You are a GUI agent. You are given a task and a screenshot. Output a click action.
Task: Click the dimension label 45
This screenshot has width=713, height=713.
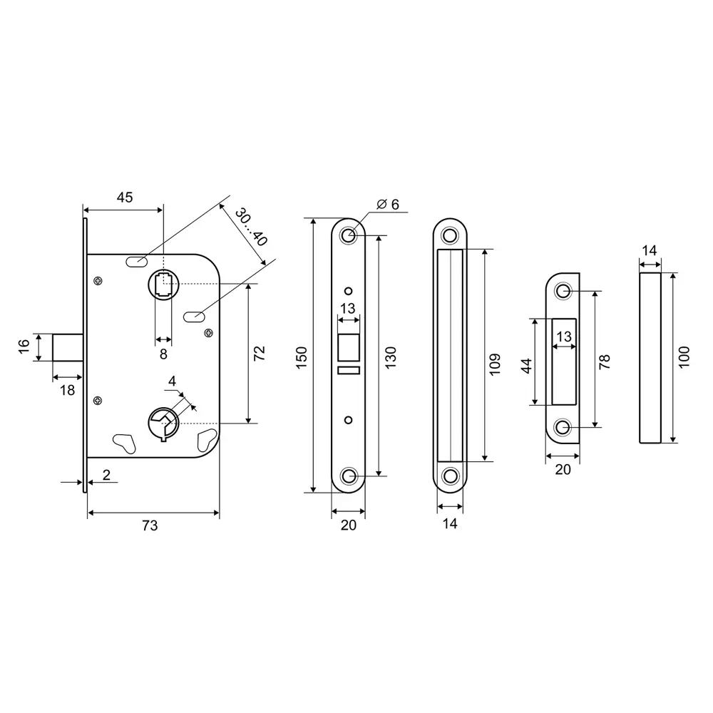[x=125, y=198]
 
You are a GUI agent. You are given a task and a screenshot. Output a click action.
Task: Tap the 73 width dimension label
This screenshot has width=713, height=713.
[x=150, y=525]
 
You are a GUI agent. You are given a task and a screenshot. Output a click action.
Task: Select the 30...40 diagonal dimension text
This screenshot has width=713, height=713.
[x=250, y=227]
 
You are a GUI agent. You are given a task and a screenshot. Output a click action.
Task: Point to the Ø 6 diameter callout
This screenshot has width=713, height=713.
[x=388, y=205]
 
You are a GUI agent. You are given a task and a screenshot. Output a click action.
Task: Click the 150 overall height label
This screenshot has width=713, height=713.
[x=302, y=357]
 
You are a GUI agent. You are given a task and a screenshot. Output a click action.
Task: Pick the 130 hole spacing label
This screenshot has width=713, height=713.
[x=391, y=357]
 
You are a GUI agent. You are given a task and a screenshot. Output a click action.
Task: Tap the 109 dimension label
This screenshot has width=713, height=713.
[x=495, y=364]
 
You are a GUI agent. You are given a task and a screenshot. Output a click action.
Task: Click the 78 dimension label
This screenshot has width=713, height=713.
[x=605, y=362]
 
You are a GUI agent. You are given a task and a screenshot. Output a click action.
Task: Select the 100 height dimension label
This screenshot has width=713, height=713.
[x=684, y=357]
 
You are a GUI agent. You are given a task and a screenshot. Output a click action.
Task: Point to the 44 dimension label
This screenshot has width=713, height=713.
[x=526, y=366]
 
